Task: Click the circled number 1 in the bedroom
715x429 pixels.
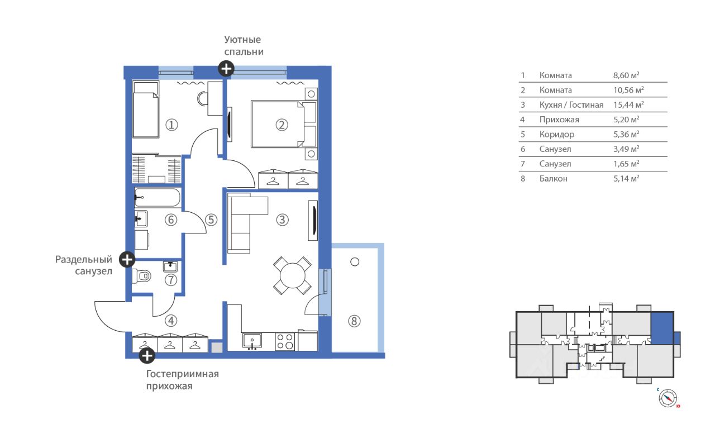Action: [x=171, y=125]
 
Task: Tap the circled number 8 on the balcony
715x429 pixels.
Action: [x=354, y=321]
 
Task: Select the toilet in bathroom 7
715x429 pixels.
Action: [x=141, y=276]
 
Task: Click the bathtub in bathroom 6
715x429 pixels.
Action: [x=158, y=197]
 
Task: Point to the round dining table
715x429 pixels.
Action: [x=292, y=275]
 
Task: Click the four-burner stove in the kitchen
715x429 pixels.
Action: [x=285, y=341]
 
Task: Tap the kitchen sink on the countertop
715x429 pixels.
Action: [x=252, y=341]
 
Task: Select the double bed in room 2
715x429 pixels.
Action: [x=278, y=124]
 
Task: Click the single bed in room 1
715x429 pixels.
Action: [x=146, y=109]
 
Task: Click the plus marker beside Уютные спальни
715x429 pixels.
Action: [x=226, y=69]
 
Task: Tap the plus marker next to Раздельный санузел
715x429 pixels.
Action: [x=127, y=259]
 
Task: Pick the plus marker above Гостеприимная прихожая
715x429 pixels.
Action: [x=147, y=355]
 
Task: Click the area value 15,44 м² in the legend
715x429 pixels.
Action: [x=628, y=104]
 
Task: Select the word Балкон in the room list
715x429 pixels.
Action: [x=554, y=178]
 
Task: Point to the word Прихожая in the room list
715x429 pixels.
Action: [x=559, y=120]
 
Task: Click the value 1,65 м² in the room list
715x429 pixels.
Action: [x=626, y=164]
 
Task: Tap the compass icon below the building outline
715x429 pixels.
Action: [x=668, y=398]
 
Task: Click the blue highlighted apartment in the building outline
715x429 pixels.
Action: [x=662, y=328]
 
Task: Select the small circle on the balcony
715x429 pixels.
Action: [x=355, y=262]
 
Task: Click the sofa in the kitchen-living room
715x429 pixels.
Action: [x=244, y=223]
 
